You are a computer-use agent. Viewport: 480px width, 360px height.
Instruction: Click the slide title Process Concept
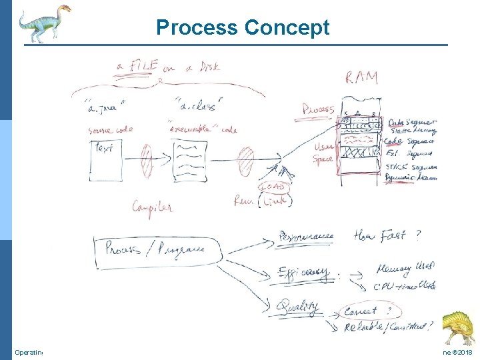tap(243, 27)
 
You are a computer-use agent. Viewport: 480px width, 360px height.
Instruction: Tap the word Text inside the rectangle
tap(105, 147)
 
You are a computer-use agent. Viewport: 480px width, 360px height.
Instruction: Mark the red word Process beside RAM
tap(319, 108)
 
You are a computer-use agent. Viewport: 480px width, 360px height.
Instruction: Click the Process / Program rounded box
tap(159, 251)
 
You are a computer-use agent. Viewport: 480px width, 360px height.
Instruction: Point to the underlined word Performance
tap(307, 236)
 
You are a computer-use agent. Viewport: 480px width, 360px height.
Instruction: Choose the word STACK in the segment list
tap(398, 167)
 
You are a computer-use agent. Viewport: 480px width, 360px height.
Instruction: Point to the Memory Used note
tap(405, 268)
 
